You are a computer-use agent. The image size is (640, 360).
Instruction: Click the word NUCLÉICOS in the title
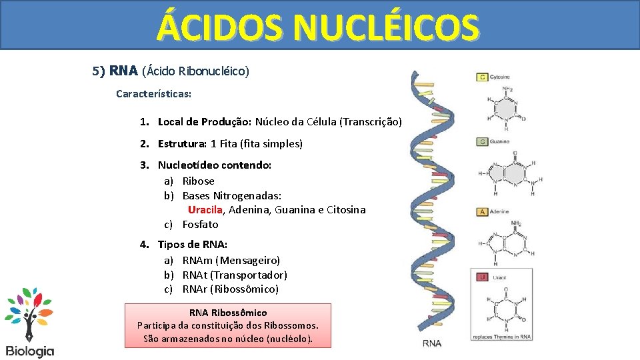click(385, 28)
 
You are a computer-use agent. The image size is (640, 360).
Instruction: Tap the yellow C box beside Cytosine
click(482, 77)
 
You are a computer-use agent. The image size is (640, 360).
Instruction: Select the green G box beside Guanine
click(482, 142)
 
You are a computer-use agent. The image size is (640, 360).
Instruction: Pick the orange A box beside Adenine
click(482, 212)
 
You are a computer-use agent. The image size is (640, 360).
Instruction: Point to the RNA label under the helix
click(431, 343)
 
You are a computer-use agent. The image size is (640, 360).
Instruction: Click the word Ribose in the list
click(199, 181)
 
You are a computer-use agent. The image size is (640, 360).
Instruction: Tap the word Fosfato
click(200, 225)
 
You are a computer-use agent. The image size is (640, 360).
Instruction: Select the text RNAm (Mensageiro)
click(231, 260)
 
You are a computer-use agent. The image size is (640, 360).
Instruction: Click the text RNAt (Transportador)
click(235, 275)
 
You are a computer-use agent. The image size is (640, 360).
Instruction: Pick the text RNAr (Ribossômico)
click(231, 289)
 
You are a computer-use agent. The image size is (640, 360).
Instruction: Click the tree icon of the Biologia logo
click(29, 313)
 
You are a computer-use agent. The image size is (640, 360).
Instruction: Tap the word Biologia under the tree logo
click(29, 351)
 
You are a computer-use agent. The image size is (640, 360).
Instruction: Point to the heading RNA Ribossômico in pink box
click(228, 312)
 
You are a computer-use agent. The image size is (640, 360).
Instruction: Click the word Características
click(153, 93)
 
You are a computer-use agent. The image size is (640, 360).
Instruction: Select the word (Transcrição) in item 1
click(371, 122)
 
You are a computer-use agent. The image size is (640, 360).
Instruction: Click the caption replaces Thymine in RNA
click(501, 337)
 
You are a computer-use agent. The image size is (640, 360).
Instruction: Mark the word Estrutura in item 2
click(182, 143)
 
